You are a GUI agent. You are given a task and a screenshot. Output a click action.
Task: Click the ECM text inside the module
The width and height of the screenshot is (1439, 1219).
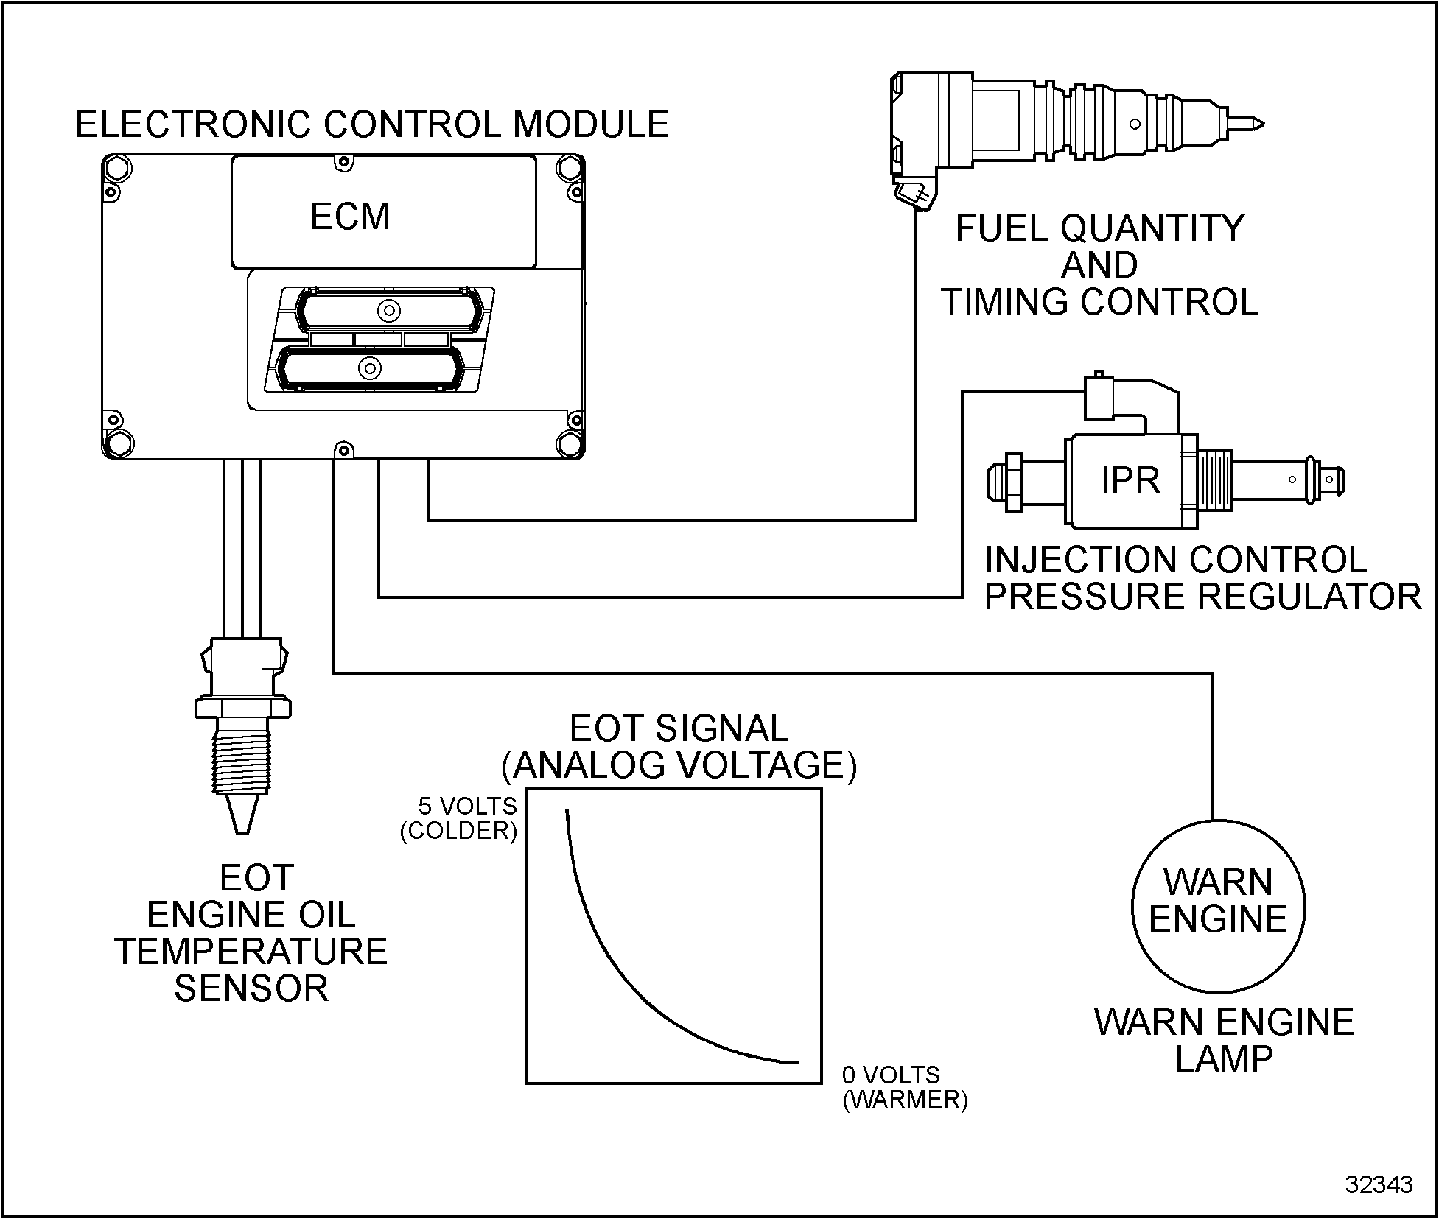(350, 217)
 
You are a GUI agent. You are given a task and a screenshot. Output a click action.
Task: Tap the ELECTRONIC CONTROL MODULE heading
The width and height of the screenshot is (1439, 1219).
(372, 124)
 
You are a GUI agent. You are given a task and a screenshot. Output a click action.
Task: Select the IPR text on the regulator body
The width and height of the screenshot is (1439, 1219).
(1130, 481)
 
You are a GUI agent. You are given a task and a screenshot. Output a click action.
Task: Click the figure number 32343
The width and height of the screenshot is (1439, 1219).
(1379, 1184)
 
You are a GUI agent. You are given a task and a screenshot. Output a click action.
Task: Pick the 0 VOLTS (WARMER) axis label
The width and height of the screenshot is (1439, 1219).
(904, 1087)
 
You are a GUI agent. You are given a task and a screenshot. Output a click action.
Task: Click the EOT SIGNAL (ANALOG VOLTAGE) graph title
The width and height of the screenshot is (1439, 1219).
(679, 747)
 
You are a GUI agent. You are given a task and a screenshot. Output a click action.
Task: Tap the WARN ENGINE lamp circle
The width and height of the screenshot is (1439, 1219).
(1218, 907)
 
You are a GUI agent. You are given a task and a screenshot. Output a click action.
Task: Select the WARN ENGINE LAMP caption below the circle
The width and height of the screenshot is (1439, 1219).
(1224, 1040)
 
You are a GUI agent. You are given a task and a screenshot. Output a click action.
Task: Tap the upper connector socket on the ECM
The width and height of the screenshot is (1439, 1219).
(388, 310)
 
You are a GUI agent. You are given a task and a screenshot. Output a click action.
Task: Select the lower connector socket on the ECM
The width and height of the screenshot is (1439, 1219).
(370, 368)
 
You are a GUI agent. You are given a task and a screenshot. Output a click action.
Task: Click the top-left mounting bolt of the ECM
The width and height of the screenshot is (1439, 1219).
(118, 169)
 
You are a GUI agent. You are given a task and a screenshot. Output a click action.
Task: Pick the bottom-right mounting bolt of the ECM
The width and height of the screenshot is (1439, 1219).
(570, 443)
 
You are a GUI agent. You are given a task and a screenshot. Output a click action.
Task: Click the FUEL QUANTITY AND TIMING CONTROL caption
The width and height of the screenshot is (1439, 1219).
(1099, 265)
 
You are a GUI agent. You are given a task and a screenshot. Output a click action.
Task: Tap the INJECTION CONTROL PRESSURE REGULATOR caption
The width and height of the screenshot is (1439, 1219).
(1202, 578)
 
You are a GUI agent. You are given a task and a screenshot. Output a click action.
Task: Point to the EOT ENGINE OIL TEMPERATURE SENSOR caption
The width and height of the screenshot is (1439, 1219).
(251, 933)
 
